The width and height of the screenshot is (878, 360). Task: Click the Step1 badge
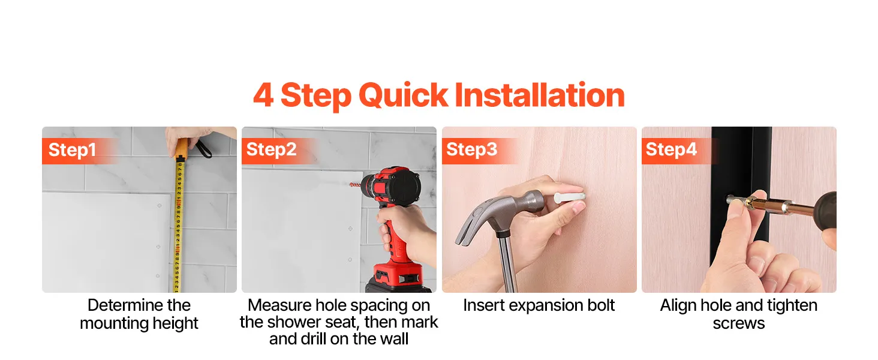[x=72, y=150]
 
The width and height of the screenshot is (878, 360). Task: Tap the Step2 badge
[x=271, y=150]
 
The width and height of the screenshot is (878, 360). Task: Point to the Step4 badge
[x=671, y=150]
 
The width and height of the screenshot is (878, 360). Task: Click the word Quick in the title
[x=403, y=95]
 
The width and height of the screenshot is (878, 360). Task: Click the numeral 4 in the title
[x=263, y=95]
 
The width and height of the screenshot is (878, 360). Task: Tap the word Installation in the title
[x=539, y=95]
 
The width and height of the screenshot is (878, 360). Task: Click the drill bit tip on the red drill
[x=351, y=184]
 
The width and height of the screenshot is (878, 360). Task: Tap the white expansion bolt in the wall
[x=569, y=197]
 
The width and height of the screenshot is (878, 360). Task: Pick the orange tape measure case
[x=182, y=149]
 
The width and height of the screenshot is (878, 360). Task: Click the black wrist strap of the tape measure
[x=202, y=149]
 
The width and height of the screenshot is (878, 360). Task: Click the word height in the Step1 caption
[x=175, y=323]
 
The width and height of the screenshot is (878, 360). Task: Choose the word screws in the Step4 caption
[x=739, y=324]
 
